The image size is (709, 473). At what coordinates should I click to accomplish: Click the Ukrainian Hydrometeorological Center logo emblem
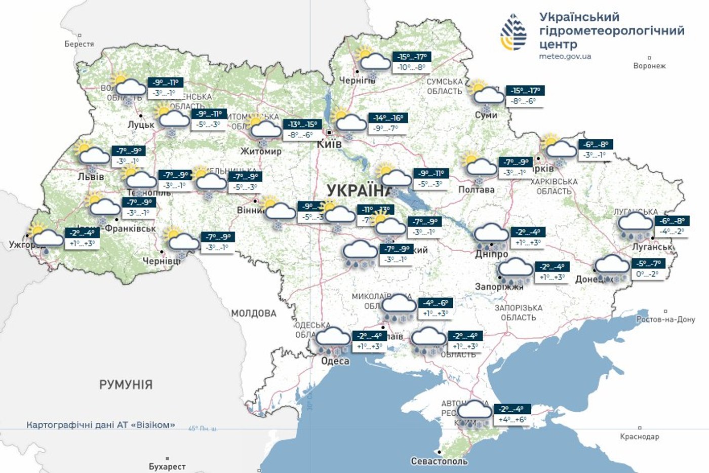point(514,32)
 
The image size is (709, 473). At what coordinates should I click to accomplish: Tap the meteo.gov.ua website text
point(565,57)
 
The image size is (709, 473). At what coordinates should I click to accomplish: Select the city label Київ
point(329,144)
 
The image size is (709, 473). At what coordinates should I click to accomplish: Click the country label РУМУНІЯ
point(126,385)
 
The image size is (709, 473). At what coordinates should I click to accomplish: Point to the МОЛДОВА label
point(254,313)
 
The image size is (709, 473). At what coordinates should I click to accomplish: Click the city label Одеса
point(335,361)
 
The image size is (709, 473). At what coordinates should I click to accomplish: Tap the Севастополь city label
point(439,461)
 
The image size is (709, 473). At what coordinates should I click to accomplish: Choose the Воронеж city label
point(649,66)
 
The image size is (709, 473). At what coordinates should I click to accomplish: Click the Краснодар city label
point(640,437)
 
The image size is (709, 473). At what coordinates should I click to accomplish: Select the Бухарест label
point(167,466)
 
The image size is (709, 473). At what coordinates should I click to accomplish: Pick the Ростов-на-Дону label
point(665,320)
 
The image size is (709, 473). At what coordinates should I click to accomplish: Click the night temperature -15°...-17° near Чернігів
point(412,57)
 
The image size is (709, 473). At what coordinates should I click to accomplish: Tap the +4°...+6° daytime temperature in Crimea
point(512,420)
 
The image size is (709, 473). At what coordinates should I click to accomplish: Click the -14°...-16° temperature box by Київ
point(388,118)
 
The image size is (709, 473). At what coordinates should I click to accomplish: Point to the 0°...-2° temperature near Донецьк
point(647,274)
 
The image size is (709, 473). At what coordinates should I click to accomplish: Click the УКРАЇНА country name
point(359,190)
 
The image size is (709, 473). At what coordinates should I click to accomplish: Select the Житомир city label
point(261,151)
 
